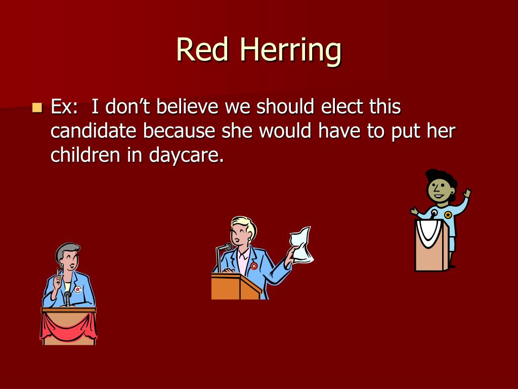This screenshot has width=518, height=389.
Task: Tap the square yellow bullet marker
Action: [x=36, y=107]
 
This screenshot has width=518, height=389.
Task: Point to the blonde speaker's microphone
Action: [x=225, y=248]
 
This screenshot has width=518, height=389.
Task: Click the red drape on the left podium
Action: [x=68, y=325]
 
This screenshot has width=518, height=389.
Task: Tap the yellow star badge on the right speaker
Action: [x=448, y=215]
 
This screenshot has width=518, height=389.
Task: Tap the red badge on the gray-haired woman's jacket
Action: [x=77, y=289]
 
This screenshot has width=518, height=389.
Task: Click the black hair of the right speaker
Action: [x=440, y=177]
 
